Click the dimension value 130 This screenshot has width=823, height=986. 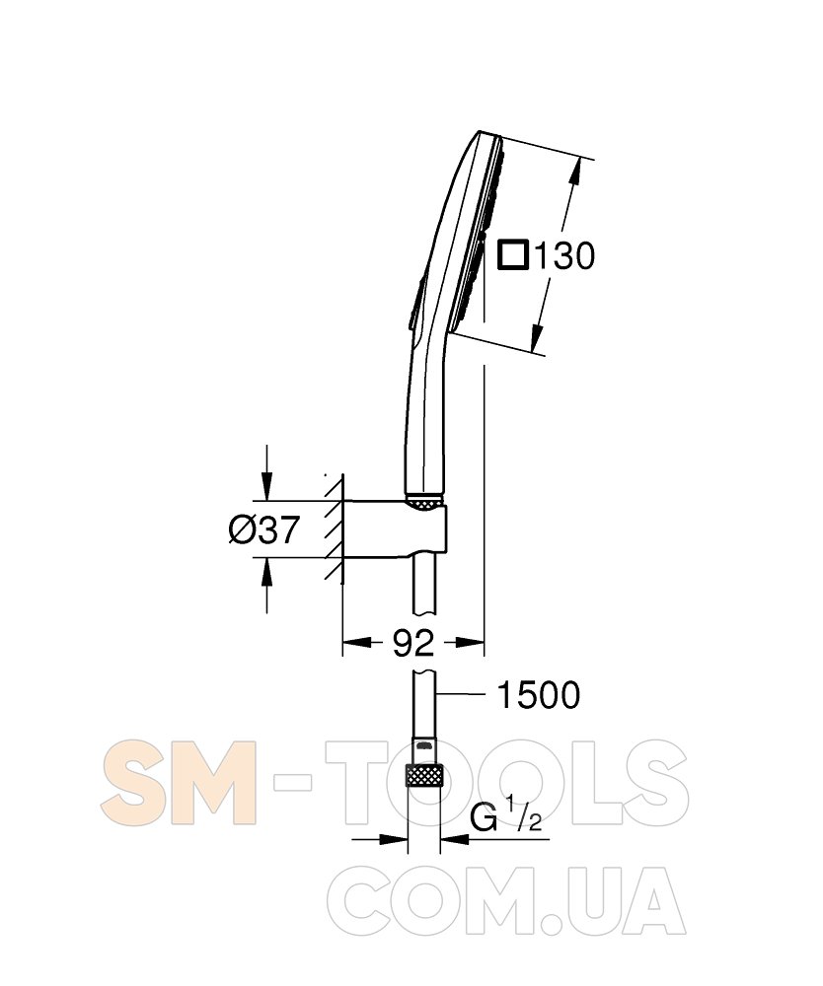point(563,256)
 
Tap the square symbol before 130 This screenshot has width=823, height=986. point(512,255)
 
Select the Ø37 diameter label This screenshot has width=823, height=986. point(263,530)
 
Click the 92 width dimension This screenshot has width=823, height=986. point(413,642)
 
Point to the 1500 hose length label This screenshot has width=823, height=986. point(539,695)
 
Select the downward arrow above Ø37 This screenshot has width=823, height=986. point(266,472)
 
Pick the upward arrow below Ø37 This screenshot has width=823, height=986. point(266,584)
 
